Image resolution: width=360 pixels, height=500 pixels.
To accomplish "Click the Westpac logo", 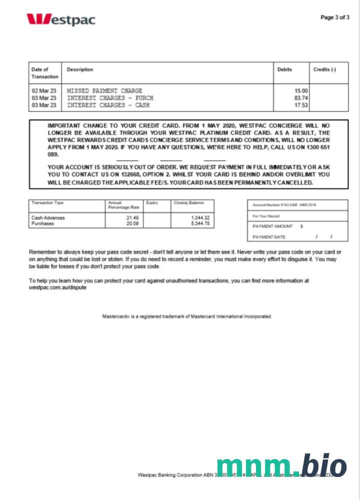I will point(60,19).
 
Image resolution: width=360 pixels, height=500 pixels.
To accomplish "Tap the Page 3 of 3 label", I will point(334,17).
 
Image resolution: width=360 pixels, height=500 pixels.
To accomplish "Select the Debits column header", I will point(284,69).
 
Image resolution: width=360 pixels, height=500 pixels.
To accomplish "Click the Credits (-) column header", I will point(324,69).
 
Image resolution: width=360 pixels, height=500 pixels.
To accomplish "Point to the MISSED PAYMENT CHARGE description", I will point(104,90).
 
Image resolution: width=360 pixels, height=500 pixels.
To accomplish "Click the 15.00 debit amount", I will point(301,90).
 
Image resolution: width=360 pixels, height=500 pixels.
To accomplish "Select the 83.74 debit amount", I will point(301,98).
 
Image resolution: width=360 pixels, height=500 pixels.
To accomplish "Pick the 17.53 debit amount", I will point(301,105).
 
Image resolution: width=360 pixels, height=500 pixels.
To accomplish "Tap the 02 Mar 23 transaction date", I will point(44,90).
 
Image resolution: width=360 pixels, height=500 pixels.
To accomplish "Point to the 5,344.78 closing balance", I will point(200,223).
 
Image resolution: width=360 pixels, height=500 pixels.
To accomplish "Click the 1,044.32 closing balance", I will point(200,218).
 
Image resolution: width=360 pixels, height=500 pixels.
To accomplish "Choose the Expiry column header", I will point(152,203).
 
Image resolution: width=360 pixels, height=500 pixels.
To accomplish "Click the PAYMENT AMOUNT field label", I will point(272,226).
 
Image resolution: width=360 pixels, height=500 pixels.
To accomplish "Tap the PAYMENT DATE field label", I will point(269,237).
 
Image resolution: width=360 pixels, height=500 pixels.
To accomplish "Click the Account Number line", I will point(284,205).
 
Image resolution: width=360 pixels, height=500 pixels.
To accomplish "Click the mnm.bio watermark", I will point(281,466).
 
